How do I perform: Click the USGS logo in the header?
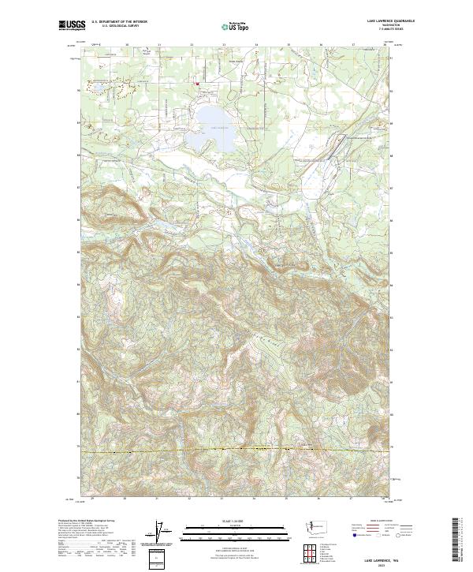point(71,26)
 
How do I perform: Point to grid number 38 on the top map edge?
point(384,45)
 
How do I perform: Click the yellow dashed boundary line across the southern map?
point(236,450)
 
